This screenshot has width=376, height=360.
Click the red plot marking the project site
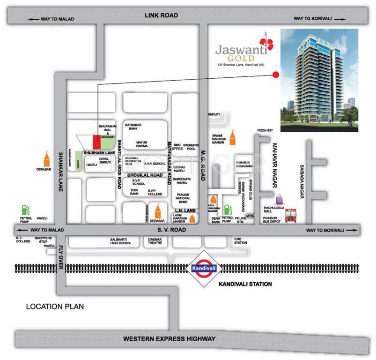[96, 140]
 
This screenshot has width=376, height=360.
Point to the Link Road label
[162, 15]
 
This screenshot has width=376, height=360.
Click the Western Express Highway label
[169, 338]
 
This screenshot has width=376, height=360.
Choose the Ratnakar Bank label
[133, 127]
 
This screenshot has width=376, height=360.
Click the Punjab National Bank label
[182, 197]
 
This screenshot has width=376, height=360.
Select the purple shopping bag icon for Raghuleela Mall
[280, 200]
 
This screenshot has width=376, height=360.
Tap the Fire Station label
[240, 240]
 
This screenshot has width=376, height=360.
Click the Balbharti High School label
[118, 240]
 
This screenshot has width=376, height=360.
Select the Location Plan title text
[55, 307]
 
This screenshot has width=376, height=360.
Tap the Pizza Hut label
[265, 130]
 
